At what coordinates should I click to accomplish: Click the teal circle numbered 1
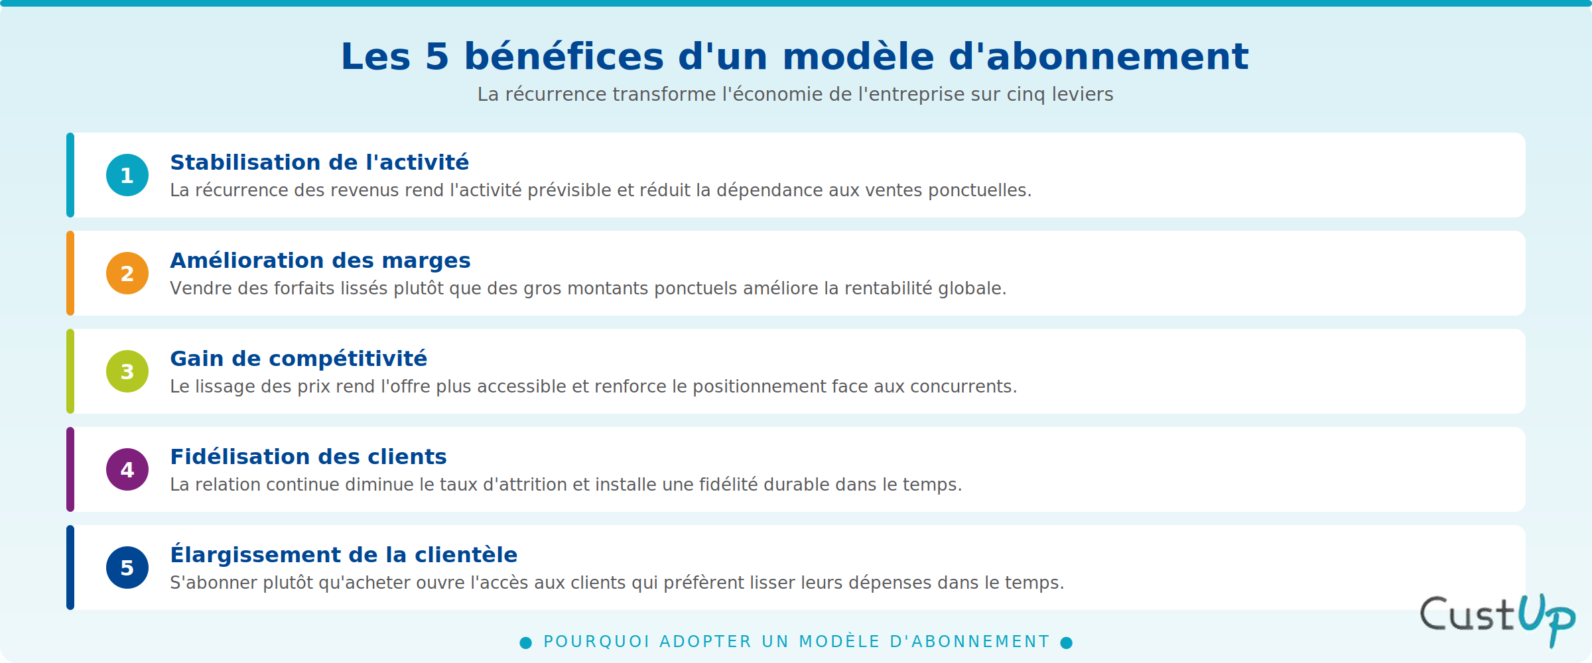(x=127, y=175)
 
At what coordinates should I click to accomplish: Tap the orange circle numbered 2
(x=127, y=273)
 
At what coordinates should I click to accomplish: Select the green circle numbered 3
(x=127, y=371)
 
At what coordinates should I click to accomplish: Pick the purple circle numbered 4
(x=127, y=469)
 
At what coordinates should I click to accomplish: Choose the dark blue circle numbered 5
(x=127, y=568)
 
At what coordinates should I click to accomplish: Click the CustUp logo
(x=1498, y=620)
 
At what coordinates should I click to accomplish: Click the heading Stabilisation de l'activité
(x=320, y=162)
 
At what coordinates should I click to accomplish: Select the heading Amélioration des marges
(x=320, y=261)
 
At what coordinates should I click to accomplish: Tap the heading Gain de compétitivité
(x=298, y=359)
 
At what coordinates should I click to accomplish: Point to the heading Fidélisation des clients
(x=308, y=457)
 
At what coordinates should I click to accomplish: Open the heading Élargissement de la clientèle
(x=344, y=554)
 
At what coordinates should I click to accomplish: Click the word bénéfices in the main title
(x=564, y=56)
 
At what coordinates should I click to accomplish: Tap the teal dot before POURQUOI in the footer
(x=526, y=642)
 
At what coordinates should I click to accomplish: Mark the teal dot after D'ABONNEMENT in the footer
(x=1067, y=642)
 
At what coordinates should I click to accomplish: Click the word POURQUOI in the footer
(x=596, y=642)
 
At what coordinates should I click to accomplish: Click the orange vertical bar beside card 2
(x=70, y=273)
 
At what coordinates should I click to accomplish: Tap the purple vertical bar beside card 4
(x=70, y=469)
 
